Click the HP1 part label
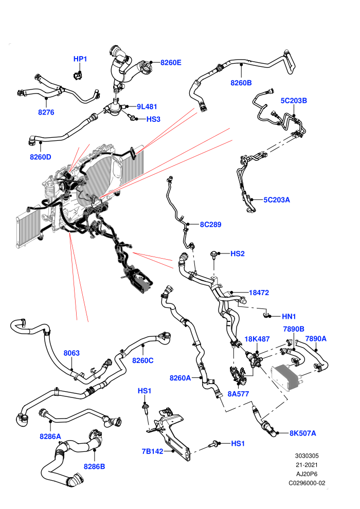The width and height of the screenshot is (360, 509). [x=80, y=59]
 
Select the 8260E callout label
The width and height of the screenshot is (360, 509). [x=171, y=62]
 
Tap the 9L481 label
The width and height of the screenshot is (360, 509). [x=147, y=106]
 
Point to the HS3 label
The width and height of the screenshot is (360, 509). [x=153, y=119]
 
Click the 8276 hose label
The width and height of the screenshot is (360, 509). [x=46, y=112]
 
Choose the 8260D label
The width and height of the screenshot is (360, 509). [x=41, y=157]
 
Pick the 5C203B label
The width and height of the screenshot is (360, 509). [x=294, y=101]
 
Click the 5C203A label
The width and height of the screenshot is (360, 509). [x=277, y=200]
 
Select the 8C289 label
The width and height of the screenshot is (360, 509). [x=211, y=224]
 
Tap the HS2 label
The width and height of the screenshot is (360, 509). [x=237, y=253]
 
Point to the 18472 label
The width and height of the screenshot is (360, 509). [x=259, y=293]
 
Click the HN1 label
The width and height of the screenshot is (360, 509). [x=289, y=316]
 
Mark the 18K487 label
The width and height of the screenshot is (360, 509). [x=257, y=339]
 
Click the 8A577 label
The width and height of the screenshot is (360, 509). [x=238, y=394]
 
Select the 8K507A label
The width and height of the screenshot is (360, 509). [x=302, y=433]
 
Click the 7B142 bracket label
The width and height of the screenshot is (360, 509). [x=153, y=451]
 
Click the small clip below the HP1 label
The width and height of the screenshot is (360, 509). [x=77, y=75]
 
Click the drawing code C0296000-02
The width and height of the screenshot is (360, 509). [x=307, y=483]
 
